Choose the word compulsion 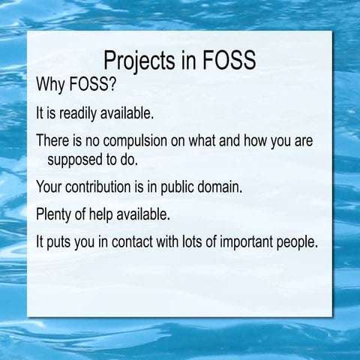pos(132,141)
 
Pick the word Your pos(50,187)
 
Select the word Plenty pos(55,214)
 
